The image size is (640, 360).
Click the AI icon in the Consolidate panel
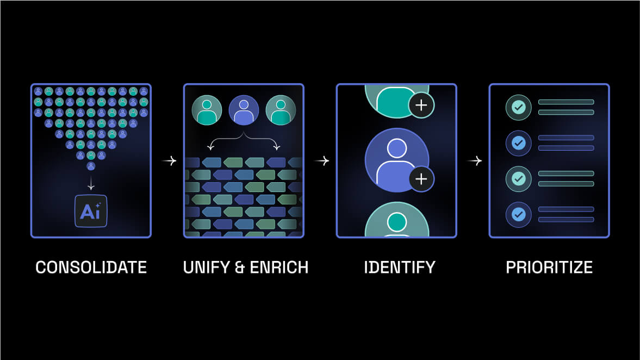point(91,211)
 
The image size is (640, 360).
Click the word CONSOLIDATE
point(91,267)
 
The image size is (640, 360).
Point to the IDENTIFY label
point(400,267)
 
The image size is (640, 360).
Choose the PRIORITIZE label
point(549,267)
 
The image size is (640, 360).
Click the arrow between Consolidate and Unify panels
point(169,161)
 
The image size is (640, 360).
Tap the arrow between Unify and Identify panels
point(322,161)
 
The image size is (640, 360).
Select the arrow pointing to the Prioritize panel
point(475,161)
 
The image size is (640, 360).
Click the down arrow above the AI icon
point(91,184)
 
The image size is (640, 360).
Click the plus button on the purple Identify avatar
point(421,179)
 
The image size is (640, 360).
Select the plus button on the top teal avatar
point(421,105)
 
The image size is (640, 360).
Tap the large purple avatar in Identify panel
point(396,160)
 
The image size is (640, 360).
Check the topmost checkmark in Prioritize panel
point(518,107)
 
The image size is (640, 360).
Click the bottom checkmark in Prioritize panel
point(518,214)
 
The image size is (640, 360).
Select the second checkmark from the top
point(518,143)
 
